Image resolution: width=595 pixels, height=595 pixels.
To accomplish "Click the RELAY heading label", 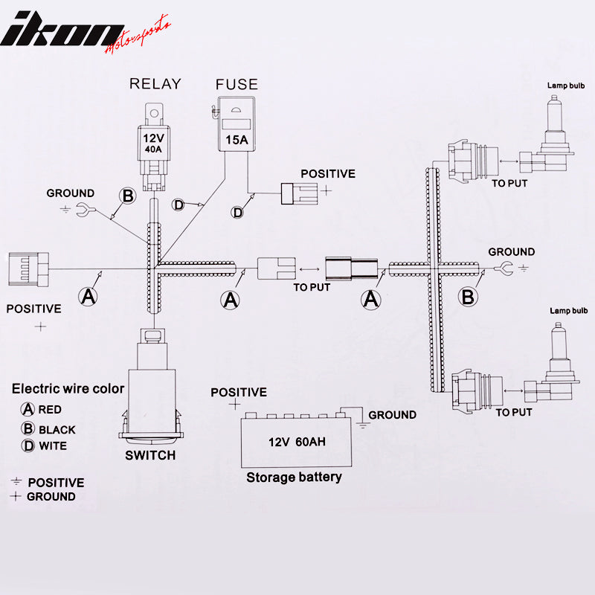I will (155, 83).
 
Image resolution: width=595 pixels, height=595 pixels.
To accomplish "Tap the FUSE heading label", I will (237, 84).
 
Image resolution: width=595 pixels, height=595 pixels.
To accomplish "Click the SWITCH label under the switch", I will (151, 455).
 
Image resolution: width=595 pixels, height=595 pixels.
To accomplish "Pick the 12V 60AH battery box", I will (297, 441).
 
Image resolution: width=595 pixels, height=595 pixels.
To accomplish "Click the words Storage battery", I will (295, 477).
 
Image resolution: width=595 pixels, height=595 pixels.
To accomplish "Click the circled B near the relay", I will (128, 196).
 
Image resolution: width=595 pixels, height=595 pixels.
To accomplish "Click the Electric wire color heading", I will (68, 388).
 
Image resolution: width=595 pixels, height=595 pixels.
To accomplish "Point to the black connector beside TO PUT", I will (350, 268).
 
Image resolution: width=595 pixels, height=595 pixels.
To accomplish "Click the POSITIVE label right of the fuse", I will (328, 174).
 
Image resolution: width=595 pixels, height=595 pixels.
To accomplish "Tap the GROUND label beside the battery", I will (392, 415).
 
